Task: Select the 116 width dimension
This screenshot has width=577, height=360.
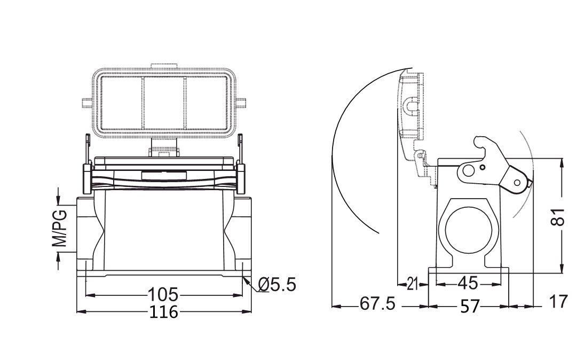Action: click(163, 311)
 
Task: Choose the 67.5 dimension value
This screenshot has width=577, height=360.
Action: click(377, 304)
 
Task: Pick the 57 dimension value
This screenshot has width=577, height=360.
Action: click(470, 306)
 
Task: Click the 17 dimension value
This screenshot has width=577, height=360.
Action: click(559, 302)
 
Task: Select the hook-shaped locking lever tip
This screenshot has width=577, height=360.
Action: click(480, 141)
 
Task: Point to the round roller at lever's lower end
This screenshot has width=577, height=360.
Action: click(517, 183)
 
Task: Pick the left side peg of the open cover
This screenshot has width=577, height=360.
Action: click(85, 103)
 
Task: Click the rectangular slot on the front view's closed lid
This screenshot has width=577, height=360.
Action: click(163, 175)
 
